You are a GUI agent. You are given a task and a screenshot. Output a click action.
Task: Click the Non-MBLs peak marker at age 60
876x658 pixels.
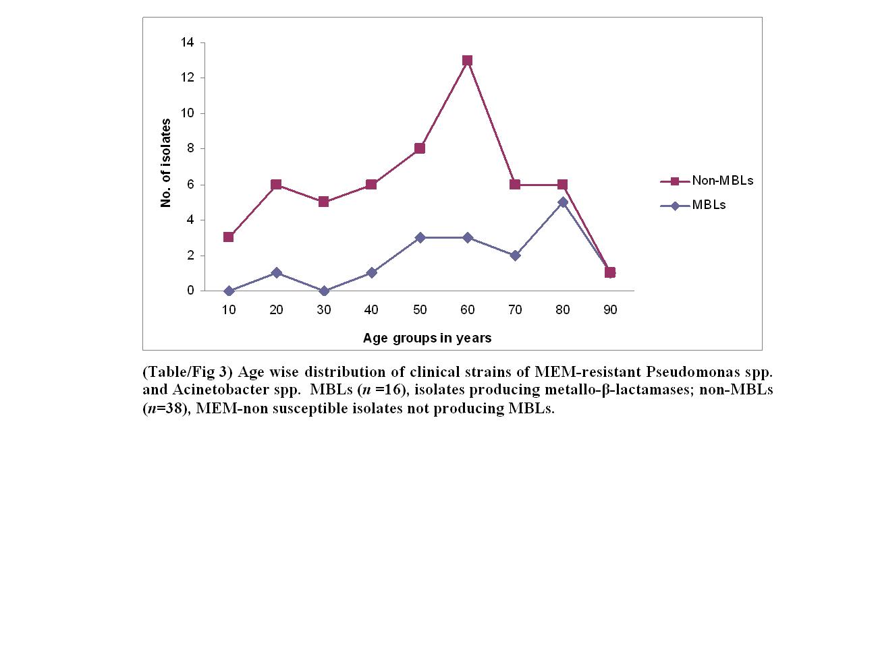point(467,60)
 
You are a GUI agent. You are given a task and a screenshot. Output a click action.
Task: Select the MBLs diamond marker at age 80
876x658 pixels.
point(563,202)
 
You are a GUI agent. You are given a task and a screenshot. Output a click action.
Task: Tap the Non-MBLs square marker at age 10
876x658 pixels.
point(229,237)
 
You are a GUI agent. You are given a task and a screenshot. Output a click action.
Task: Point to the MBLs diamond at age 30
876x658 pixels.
point(324,291)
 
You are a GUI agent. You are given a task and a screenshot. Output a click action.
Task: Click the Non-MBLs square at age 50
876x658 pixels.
point(420,148)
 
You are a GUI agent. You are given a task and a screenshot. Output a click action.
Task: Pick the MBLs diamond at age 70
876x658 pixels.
point(515,256)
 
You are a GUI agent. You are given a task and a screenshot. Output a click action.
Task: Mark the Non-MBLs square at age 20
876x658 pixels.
point(276,184)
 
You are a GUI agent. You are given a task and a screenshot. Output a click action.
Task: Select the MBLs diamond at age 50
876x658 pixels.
point(420,237)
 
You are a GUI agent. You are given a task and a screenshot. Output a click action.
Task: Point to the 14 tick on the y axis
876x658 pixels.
point(187,42)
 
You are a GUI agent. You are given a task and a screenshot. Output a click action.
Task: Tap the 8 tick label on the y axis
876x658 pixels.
point(190,148)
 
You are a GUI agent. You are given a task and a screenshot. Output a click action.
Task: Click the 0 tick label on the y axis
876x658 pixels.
point(190,291)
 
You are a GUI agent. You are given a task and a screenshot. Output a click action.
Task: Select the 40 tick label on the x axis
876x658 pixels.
point(371,310)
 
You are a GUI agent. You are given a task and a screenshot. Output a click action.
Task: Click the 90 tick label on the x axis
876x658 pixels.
point(610,310)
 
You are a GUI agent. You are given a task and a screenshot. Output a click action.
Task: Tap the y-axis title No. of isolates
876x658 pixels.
point(166,163)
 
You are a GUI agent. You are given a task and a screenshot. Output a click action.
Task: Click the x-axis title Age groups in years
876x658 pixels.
point(427,338)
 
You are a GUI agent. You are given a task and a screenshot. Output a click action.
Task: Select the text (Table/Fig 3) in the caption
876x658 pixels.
point(188,372)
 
